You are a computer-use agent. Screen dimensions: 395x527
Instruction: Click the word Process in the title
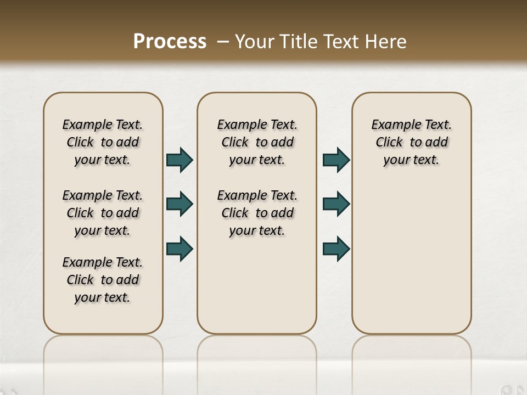(x=170, y=42)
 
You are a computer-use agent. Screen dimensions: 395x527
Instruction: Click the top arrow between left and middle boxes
(x=180, y=160)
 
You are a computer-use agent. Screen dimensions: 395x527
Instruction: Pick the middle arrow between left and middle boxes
(x=180, y=204)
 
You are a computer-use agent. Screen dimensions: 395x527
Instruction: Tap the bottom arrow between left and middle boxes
(x=180, y=249)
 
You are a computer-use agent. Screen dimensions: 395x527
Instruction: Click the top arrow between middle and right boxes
(x=336, y=160)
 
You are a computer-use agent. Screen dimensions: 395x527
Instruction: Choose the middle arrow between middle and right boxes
(x=336, y=204)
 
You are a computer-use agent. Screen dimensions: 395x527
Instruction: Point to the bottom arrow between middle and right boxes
(x=336, y=249)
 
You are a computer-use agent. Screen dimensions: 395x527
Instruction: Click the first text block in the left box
(x=103, y=142)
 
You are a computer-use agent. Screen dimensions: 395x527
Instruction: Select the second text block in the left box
(x=103, y=213)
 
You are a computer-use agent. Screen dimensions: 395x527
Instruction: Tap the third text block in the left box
(x=103, y=280)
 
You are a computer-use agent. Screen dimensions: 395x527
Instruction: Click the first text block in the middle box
(x=257, y=142)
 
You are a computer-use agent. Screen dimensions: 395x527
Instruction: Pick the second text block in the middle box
(x=257, y=213)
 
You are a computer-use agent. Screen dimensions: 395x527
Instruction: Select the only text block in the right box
(x=411, y=142)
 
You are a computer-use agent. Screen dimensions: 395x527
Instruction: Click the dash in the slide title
(x=223, y=42)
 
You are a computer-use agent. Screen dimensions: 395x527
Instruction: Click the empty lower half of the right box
(x=411, y=263)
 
